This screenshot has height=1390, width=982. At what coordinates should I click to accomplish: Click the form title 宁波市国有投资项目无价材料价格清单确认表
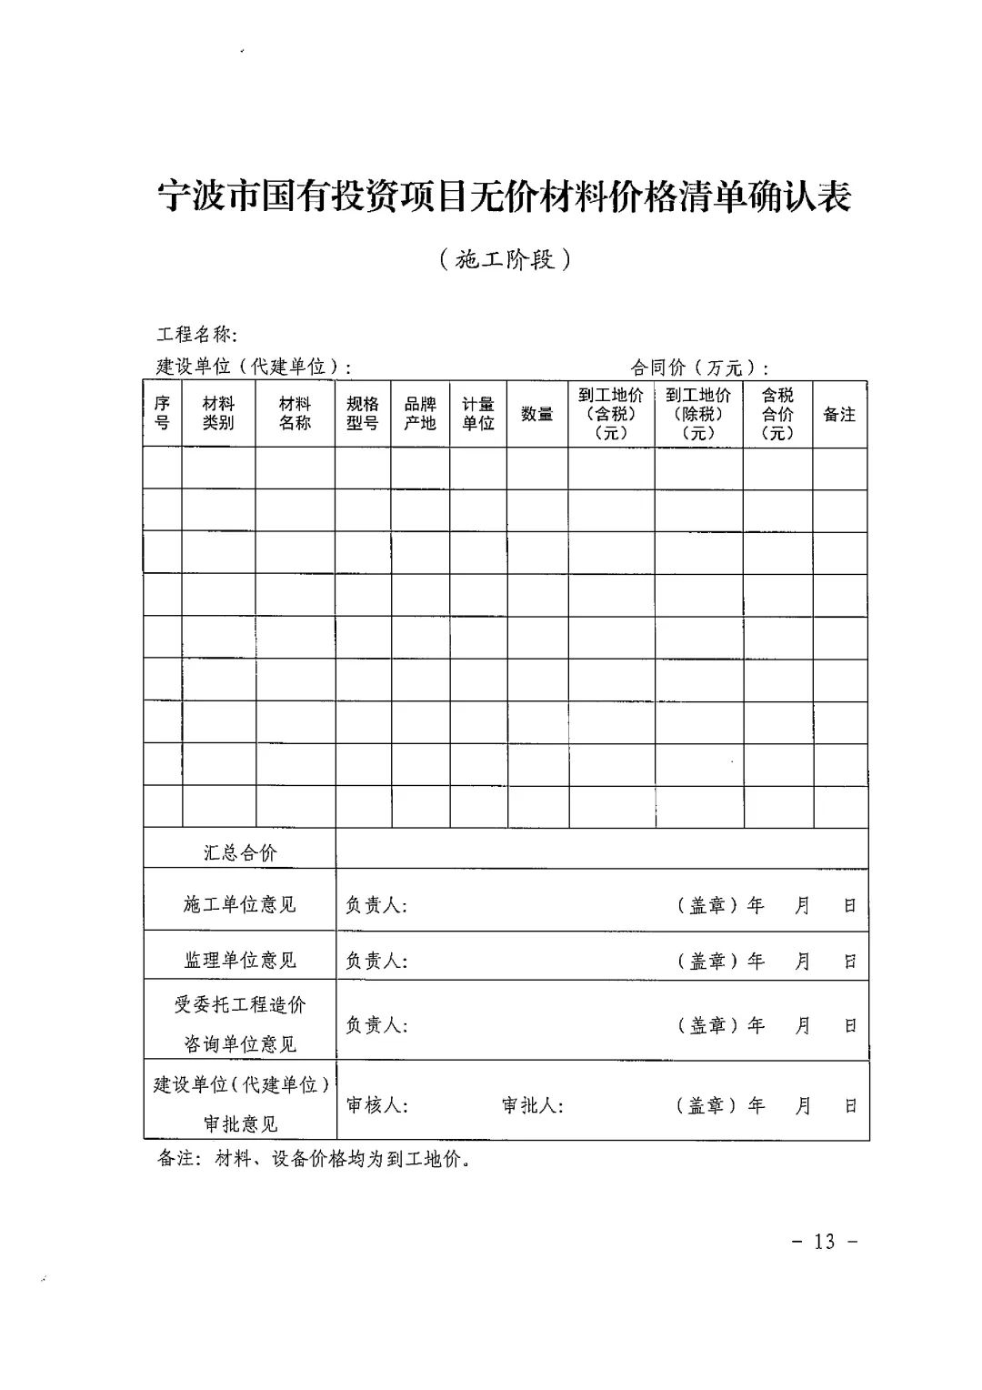(x=504, y=196)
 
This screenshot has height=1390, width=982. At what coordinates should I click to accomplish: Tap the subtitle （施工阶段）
(x=504, y=260)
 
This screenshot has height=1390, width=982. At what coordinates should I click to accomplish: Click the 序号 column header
(x=162, y=414)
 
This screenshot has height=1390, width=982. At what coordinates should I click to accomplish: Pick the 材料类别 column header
(x=218, y=414)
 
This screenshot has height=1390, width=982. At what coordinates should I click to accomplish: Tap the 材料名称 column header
(x=295, y=414)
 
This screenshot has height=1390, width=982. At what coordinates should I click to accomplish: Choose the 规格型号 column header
(x=363, y=414)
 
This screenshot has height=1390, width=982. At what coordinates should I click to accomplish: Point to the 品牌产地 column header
(x=420, y=414)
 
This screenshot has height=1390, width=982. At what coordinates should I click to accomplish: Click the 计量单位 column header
(x=478, y=414)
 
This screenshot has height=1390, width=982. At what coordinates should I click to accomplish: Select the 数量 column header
(x=537, y=414)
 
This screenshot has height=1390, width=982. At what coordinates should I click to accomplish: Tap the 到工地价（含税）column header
(x=611, y=414)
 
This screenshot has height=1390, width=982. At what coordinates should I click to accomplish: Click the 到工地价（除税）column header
(x=698, y=414)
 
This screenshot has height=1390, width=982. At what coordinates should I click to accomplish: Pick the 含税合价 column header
(x=777, y=414)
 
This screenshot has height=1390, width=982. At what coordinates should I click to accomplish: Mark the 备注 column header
(x=839, y=414)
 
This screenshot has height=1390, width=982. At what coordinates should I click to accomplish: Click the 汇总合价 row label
(x=240, y=852)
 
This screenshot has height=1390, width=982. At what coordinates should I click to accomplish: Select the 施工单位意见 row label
(x=240, y=905)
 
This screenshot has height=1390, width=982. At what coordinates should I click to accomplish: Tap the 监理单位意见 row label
(x=240, y=960)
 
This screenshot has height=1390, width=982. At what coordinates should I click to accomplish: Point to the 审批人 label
(x=533, y=1105)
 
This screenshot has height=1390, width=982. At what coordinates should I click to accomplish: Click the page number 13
(x=825, y=1242)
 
